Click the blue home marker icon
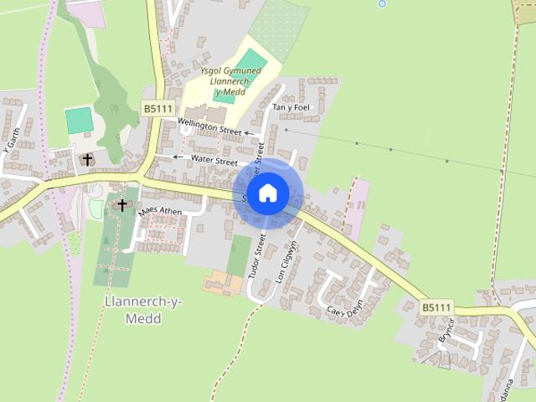coord(267,193)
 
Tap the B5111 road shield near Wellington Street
coord(157,109)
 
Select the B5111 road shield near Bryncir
coord(436,308)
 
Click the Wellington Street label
coord(209,128)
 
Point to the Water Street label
coord(214,160)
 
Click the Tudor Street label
coord(260,256)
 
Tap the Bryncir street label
coord(445,332)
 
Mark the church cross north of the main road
coord(87,159)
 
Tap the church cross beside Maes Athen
coord(122,204)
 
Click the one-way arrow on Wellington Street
coord(249,133)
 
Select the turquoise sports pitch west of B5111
coord(79,120)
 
